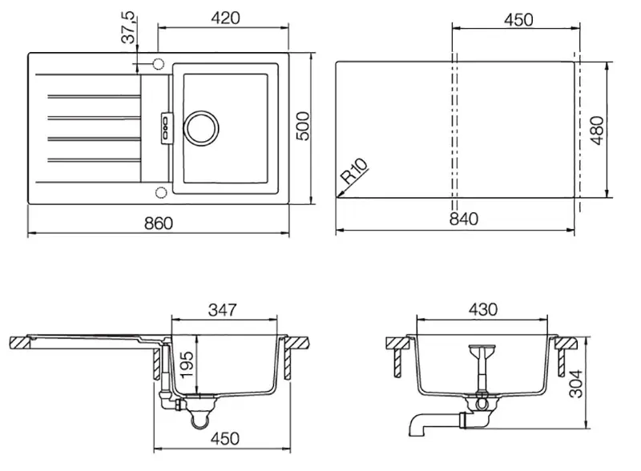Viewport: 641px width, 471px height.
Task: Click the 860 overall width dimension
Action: pos(159,223)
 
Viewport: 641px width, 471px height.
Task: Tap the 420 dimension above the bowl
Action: pos(226,18)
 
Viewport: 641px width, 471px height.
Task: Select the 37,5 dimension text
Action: pos(128,28)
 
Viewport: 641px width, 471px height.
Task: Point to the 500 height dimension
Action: pos(303,127)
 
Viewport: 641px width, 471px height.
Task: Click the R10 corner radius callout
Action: pos(354,171)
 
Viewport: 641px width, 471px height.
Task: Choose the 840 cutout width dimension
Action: pos(464,219)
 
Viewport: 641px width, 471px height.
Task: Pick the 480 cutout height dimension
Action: pos(597,130)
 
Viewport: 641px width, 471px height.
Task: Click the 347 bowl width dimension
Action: pos(223,309)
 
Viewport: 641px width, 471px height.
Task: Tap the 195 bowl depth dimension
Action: pos(187,364)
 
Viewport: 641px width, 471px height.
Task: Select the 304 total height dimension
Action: pos(576,384)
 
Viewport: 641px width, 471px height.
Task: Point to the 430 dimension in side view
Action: pos(483,309)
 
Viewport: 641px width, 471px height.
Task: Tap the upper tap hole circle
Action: pos(158,64)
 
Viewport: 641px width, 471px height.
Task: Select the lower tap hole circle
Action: pos(161,192)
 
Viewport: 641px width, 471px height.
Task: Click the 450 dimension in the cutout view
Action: pos(518,19)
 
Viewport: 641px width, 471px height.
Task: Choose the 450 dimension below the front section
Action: pos(225,438)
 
